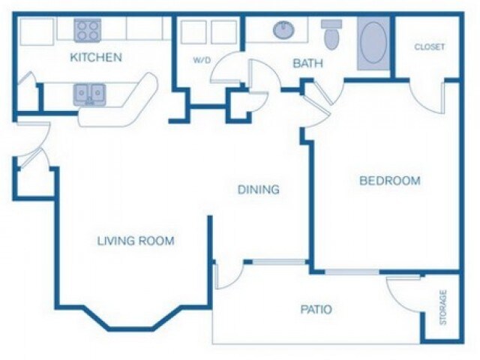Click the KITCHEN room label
[x=96, y=57]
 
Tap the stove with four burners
[x=88, y=30]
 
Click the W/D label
[x=201, y=61]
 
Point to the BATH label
[x=307, y=64]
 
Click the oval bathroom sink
[x=283, y=31]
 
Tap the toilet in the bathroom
[x=331, y=34]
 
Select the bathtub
[x=374, y=43]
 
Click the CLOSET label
[x=429, y=46]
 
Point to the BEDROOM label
[x=389, y=181]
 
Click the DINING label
[x=259, y=190]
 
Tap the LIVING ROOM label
[x=136, y=241]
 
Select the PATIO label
[x=316, y=309]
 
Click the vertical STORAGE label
[x=443, y=307]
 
